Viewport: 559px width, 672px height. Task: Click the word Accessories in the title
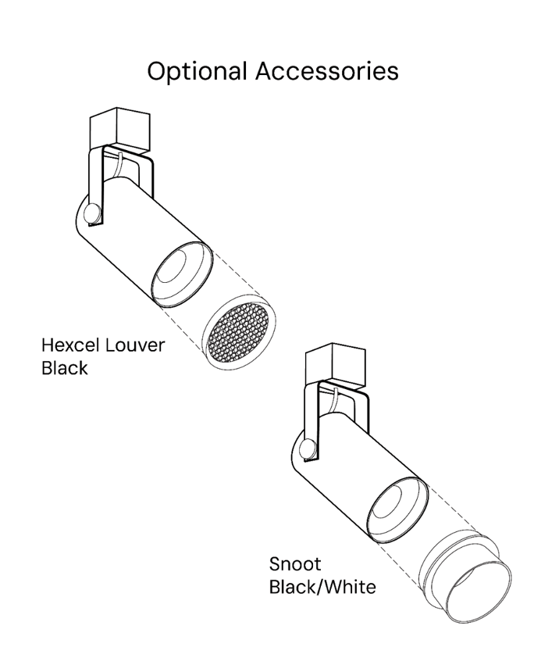click(328, 71)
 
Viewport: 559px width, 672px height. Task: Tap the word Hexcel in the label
click(71, 345)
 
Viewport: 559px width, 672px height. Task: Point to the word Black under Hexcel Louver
click(65, 368)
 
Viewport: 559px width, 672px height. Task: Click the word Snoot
click(294, 564)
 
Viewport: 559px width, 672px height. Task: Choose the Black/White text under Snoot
click(322, 587)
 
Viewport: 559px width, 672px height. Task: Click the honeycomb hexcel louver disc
click(239, 332)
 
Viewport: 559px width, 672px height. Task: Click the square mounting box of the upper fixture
click(120, 130)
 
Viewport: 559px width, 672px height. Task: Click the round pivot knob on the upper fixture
click(93, 213)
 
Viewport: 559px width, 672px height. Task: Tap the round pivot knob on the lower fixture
click(308, 450)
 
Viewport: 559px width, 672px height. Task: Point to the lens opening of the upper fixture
click(182, 274)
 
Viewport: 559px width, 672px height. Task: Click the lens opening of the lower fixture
click(398, 511)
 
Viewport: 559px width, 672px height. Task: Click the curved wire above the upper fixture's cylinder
click(118, 166)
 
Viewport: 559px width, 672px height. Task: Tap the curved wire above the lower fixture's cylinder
click(333, 402)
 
